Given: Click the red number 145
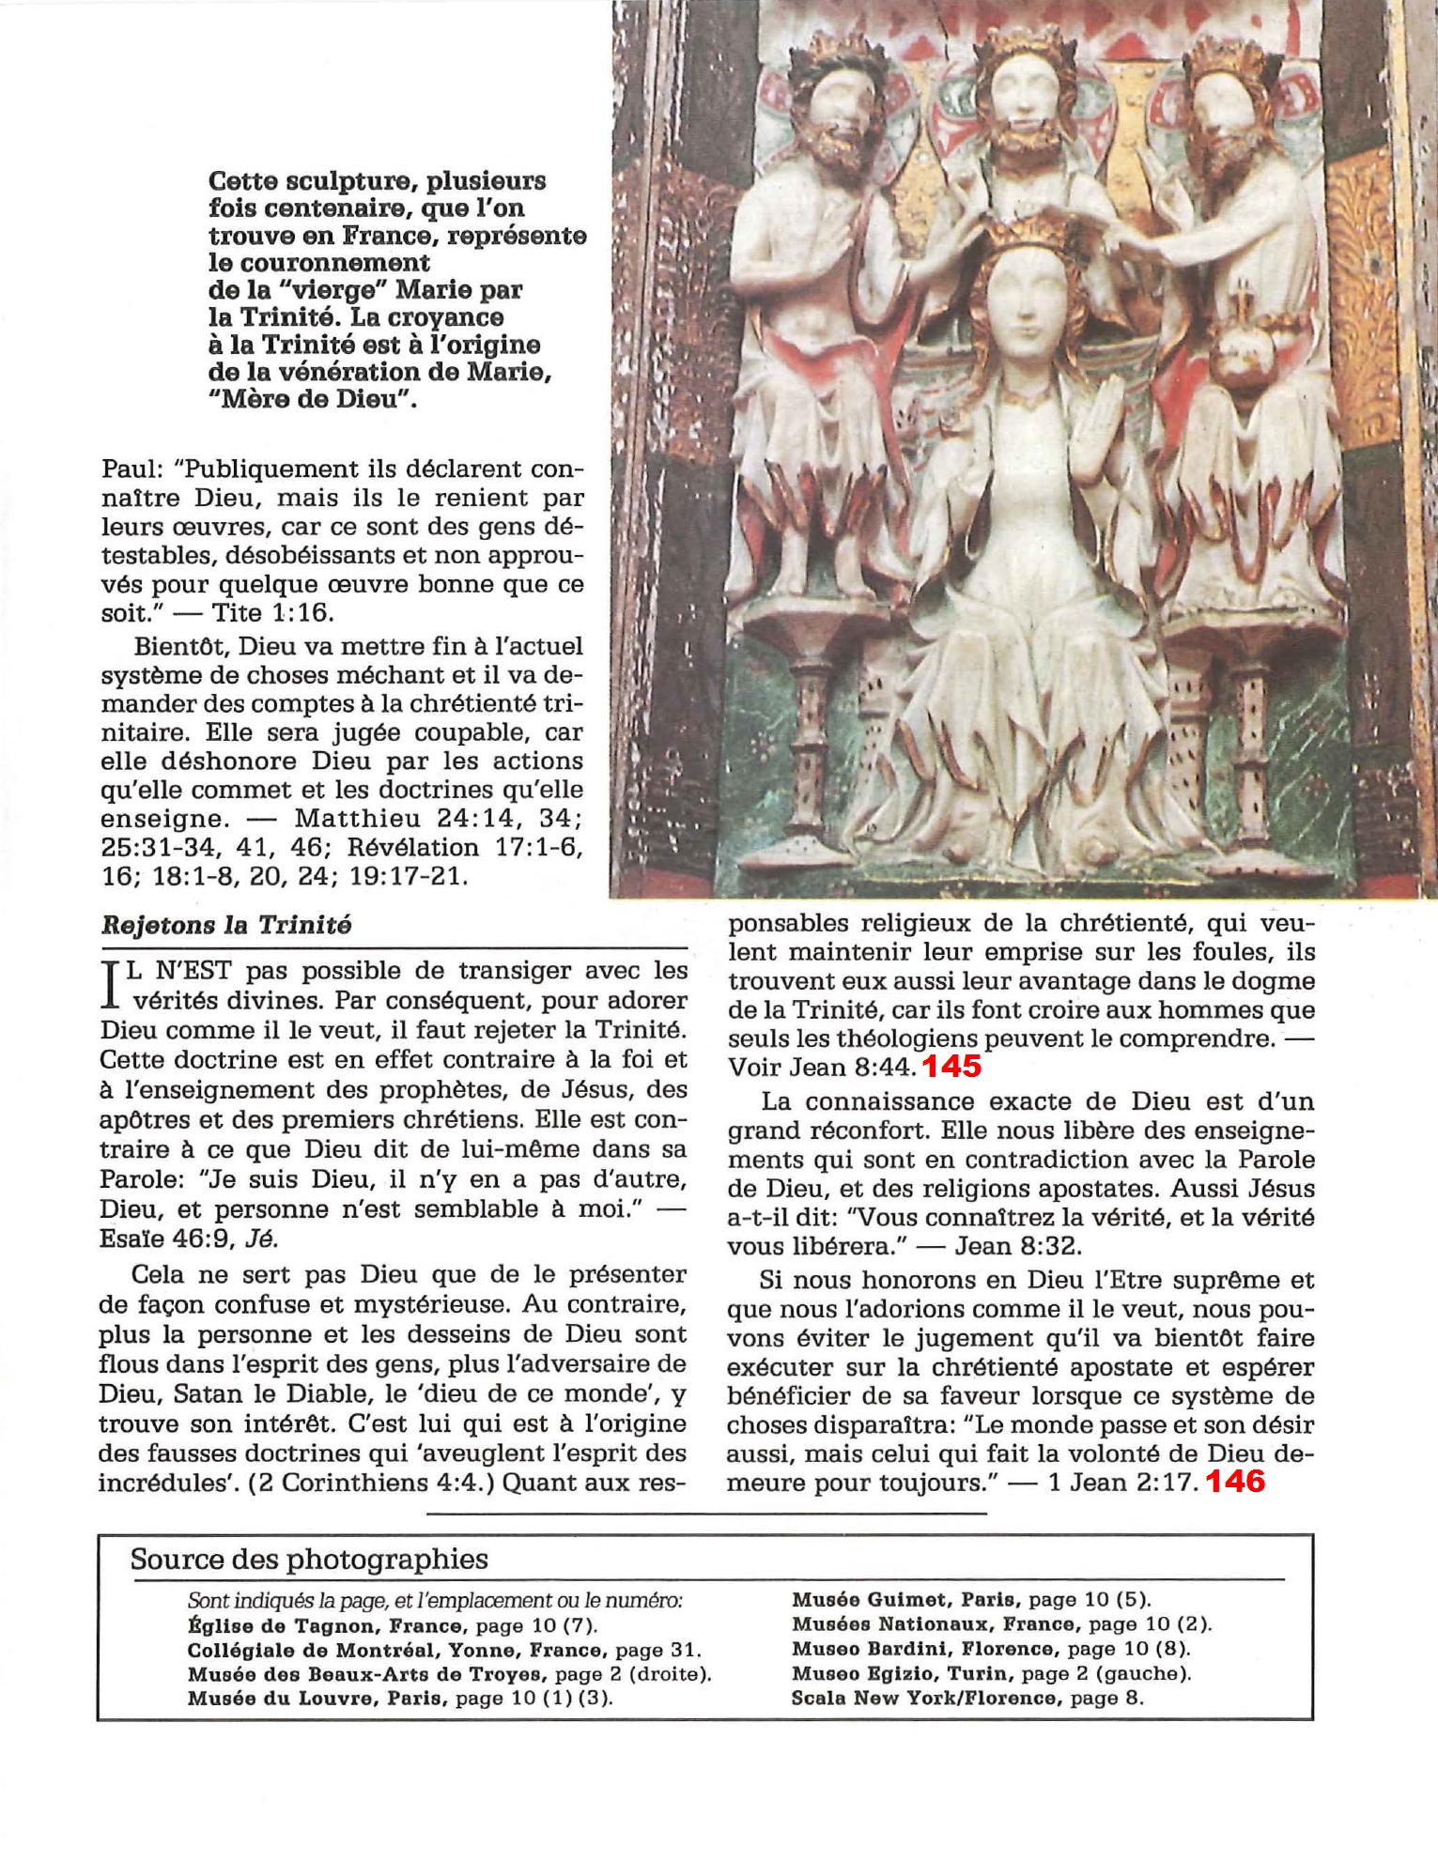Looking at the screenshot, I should point(951,1066).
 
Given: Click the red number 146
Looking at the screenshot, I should point(1235,1482).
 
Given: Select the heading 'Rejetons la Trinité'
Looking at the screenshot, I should point(225,926).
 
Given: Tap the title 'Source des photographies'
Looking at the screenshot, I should point(309,1560).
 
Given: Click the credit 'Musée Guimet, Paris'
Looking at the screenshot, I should point(906,1599).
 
